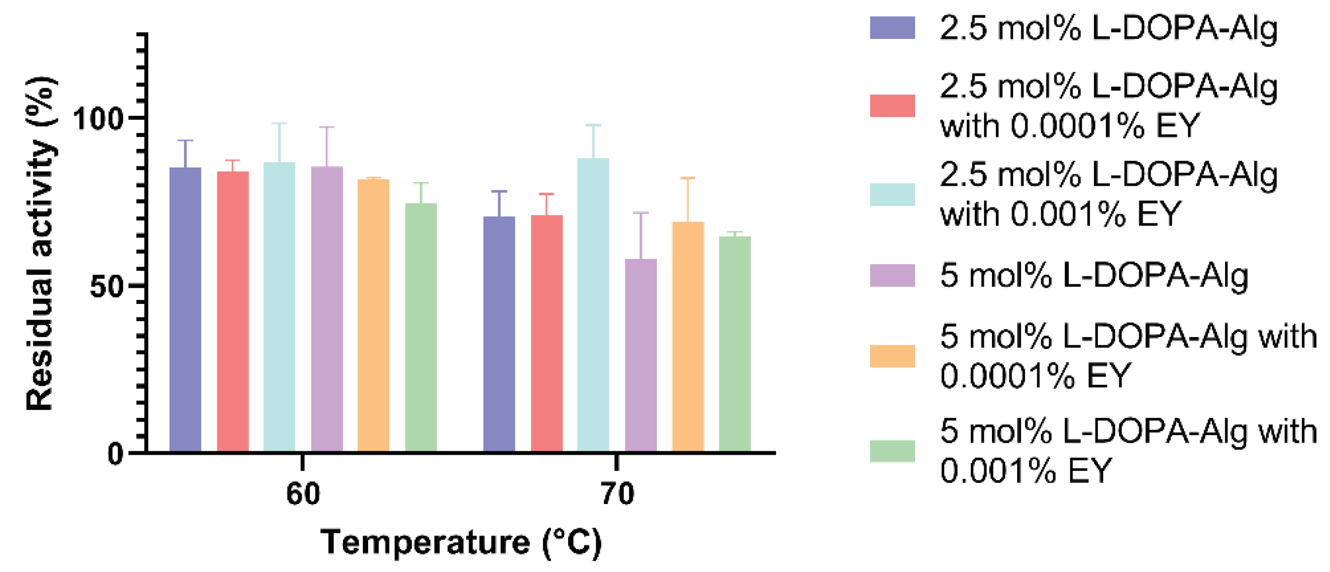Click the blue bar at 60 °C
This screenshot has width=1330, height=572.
pos(185,310)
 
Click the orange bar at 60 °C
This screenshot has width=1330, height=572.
pos(374,315)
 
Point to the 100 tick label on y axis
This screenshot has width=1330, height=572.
pos(99,118)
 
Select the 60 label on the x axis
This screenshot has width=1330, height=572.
pos(303,494)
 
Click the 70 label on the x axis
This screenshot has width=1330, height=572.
pos(617,494)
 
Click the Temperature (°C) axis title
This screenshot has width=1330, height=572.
pos(461,542)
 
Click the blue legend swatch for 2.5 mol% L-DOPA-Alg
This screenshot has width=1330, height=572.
pos(892,28)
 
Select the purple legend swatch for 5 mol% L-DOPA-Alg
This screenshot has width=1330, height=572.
pos(892,275)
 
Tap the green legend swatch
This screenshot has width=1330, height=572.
pos(892,451)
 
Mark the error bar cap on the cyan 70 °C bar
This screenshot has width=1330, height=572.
pos(593,125)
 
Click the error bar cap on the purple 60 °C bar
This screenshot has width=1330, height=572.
pos(327,127)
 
